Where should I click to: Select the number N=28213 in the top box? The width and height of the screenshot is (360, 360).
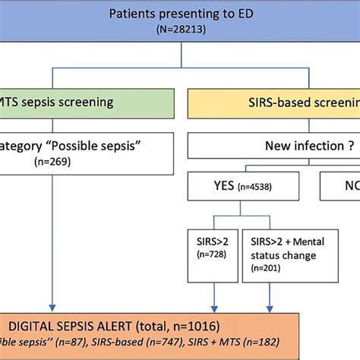coord(180,30)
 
